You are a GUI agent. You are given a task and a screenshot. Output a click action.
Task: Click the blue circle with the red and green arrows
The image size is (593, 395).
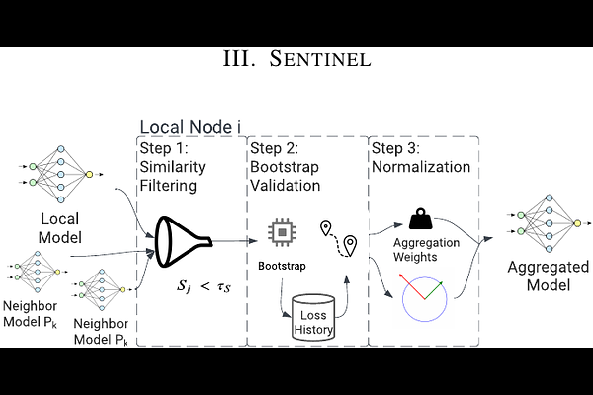coord(425,295)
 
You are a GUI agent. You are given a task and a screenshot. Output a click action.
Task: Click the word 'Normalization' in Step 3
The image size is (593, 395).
coord(421,167)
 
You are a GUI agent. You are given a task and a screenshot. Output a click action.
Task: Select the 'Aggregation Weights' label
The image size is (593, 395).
coord(428,249)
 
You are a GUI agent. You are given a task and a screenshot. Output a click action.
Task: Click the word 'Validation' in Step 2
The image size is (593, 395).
coord(285,185)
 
